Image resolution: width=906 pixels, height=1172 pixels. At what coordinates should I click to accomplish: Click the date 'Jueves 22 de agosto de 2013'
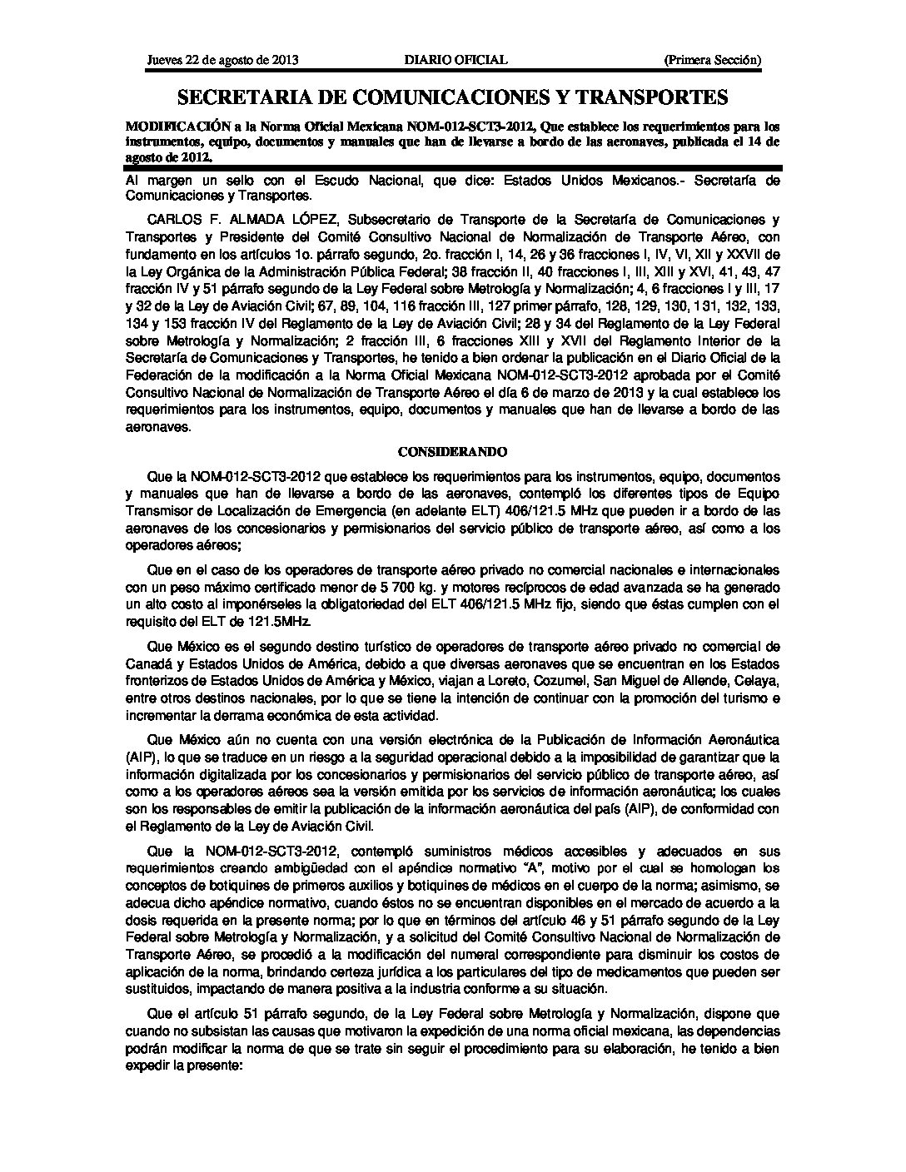222,60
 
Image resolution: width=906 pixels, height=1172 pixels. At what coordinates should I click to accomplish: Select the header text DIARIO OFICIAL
455,60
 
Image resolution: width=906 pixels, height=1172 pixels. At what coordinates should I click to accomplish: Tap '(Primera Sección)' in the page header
712,60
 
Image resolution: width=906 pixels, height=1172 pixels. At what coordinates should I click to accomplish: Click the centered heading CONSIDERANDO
452,451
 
